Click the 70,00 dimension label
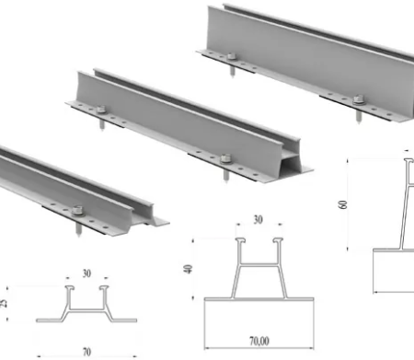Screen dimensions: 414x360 coord(259,341)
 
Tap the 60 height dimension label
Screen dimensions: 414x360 coord(343,204)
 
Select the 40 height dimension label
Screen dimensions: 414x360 coord(188,269)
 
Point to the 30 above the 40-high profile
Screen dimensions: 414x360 coord(259,219)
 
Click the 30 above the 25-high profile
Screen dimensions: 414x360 coord(86,273)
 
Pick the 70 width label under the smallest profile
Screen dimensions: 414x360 coord(86,352)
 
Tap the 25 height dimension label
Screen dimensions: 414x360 coord(3,304)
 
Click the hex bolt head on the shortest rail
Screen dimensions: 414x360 coord(76,211)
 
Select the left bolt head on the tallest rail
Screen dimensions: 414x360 coord(231,56)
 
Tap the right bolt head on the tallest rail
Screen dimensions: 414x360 coord(358,99)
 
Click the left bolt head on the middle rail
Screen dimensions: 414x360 coord(101,109)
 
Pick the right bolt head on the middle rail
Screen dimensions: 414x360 coord(225,158)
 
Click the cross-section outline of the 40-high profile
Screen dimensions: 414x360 coord(259,268)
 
